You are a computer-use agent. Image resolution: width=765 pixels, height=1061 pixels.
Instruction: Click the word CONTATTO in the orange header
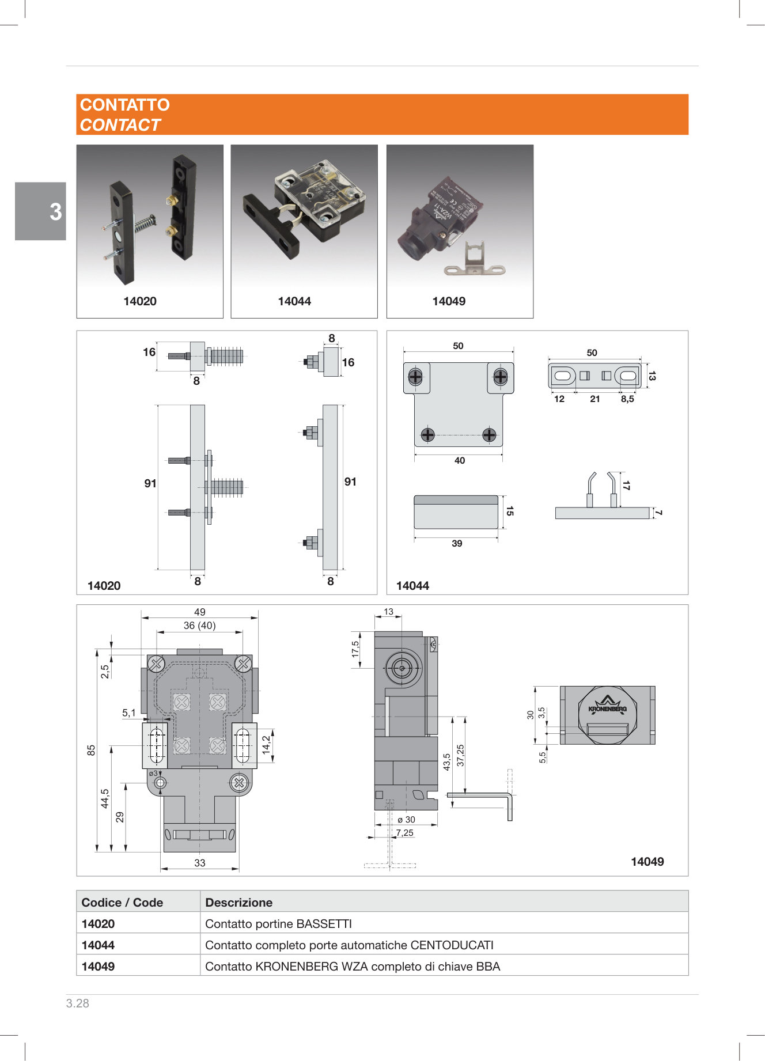click(124, 105)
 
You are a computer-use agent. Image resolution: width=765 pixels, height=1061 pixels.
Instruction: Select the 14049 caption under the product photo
click(449, 301)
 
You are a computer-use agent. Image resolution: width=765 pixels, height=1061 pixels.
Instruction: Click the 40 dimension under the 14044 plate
click(460, 461)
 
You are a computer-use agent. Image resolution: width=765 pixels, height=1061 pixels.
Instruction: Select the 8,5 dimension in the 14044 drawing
click(627, 399)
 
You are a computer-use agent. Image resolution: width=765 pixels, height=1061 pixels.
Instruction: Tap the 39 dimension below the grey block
click(457, 544)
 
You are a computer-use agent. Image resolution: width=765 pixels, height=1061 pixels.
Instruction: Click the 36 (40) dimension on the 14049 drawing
click(199, 626)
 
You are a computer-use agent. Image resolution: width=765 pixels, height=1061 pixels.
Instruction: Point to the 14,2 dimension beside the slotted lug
click(266, 745)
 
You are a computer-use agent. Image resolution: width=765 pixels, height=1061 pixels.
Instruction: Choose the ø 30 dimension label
click(406, 820)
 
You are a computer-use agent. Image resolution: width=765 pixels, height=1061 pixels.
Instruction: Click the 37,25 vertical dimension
click(460, 755)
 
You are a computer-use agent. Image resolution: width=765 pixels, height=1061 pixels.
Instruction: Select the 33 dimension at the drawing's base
click(199, 863)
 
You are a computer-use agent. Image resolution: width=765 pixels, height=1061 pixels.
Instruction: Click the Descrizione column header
click(238, 903)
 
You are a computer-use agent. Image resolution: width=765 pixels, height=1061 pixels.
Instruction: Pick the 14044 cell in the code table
click(98, 945)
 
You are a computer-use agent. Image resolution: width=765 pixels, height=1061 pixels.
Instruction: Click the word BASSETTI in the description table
click(323, 924)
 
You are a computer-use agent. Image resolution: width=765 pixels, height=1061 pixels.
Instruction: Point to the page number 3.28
click(78, 1003)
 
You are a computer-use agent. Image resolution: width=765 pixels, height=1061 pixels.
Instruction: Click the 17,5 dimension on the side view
click(355, 649)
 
